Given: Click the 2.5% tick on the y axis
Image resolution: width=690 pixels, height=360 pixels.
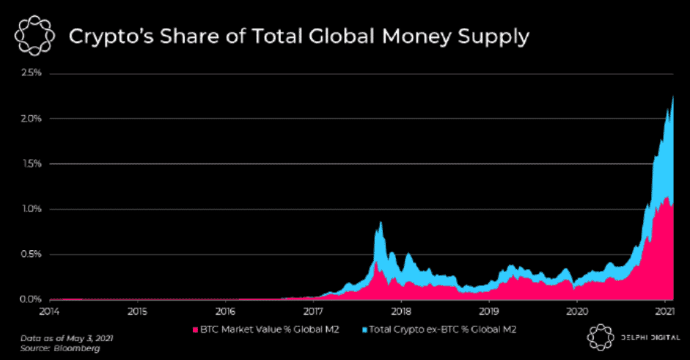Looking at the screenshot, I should pyautogui.click(x=31, y=73).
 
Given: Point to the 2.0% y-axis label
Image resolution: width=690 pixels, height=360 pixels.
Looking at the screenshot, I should pyautogui.click(x=31, y=119).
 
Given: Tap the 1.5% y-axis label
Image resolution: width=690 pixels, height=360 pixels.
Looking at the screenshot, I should pyautogui.click(x=31, y=164).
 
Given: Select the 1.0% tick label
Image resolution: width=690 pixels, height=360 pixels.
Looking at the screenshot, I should pyautogui.click(x=31, y=209).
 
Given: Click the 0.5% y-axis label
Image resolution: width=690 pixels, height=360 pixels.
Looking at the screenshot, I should pyautogui.click(x=31, y=254).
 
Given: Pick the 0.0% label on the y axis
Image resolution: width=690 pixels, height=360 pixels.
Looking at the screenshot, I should pyautogui.click(x=31, y=299).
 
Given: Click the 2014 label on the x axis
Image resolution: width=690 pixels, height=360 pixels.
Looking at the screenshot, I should pyautogui.click(x=49, y=312).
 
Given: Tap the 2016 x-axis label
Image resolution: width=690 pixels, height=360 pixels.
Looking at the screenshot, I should pyautogui.click(x=225, y=312).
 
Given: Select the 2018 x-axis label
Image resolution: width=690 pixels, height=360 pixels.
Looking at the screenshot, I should pyautogui.click(x=400, y=312).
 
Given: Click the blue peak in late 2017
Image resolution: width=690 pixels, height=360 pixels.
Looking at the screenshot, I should pyautogui.click(x=381, y=223).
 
